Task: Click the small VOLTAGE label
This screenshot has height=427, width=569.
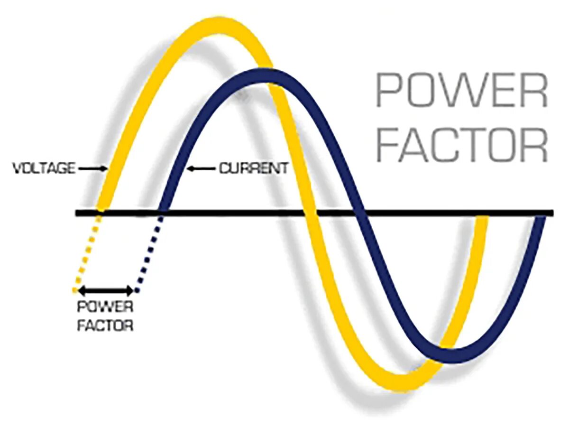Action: point(43,168)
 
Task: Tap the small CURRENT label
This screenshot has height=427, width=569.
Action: point(253,168)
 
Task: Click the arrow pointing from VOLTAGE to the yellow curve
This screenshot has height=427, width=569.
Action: point(92,168)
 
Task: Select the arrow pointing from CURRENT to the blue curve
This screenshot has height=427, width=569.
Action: point(202,168)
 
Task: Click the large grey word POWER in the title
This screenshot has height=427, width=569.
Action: point(461,90)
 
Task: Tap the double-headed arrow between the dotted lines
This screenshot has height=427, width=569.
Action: point(106,290)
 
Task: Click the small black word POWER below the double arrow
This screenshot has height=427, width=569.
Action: point(105,307)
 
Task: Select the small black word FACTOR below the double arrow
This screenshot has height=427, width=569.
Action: point(105,326)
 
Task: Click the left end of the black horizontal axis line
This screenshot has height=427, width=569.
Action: point(77,212)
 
